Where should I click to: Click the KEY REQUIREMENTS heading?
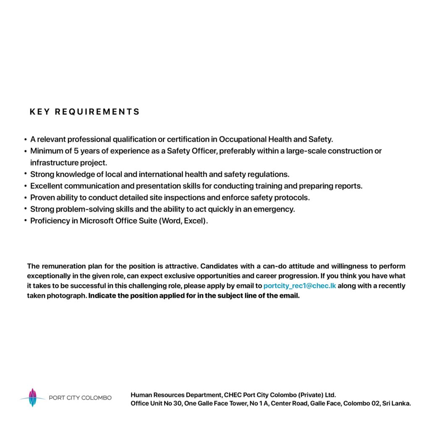tap(84, 112)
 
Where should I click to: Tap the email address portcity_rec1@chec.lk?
tap(300, 286)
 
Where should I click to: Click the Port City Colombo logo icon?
tap(32, 397)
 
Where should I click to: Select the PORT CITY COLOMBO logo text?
tap(80, 398)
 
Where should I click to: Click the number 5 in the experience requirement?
tap(76, 151)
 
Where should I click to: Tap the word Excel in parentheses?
tap(194, 221)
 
